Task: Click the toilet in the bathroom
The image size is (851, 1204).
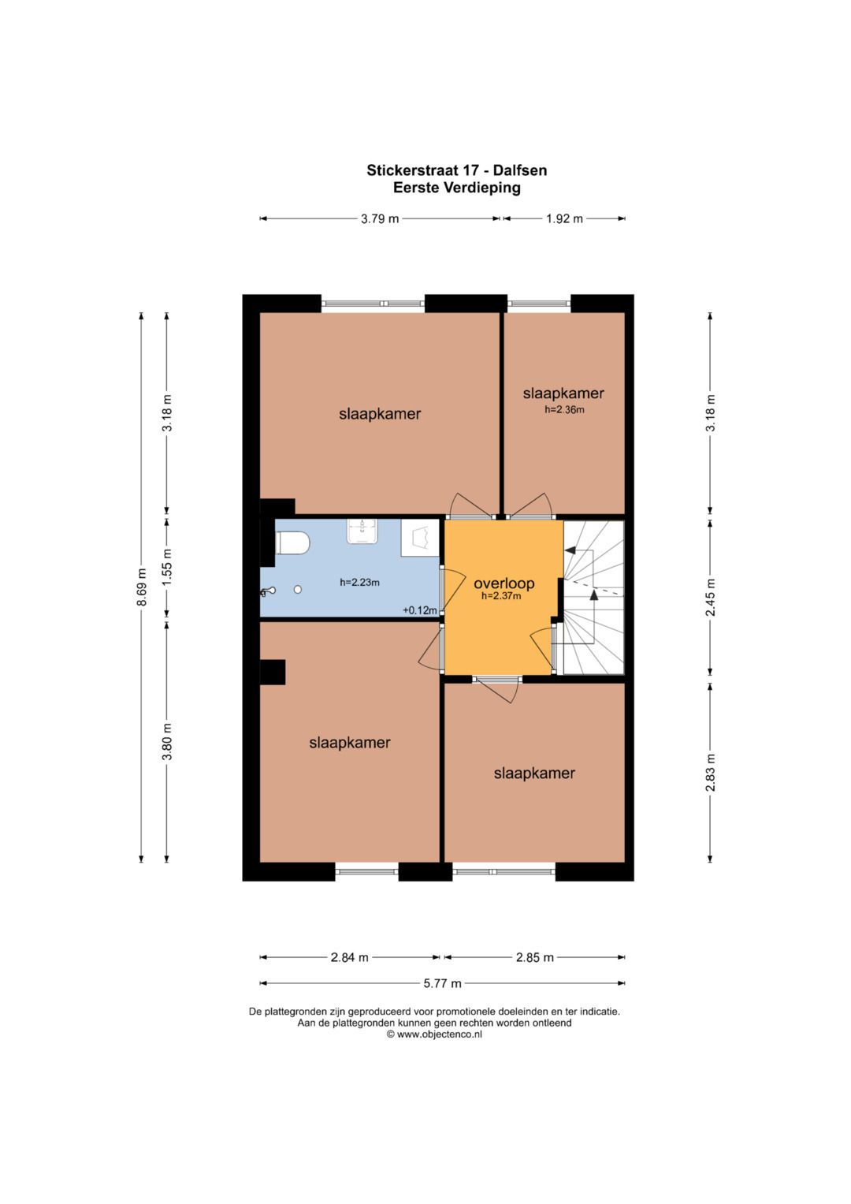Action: point(292,542)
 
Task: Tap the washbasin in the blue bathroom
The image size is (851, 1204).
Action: point(362,531)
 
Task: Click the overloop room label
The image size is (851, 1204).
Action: point(504,583)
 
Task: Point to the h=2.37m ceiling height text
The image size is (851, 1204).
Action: point(501,595)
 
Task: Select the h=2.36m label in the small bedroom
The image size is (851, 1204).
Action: point(564,409)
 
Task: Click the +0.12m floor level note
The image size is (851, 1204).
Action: point(419,610)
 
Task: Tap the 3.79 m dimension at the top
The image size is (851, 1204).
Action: point(380,218)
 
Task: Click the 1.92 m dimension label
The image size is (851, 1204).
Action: point(565,218)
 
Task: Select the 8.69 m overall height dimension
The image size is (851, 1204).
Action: point(141,587)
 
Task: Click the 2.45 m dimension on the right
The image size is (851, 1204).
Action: point(711,597)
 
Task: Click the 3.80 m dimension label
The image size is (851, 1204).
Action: point(168,741)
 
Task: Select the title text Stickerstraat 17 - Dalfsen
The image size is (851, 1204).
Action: point(457,170)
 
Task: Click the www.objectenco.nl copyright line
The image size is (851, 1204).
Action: point(434,1034)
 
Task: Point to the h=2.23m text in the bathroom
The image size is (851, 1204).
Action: point(359,582)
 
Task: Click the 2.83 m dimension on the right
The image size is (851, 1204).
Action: point(711,773)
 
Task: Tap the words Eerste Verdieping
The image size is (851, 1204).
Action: point(457,188)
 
